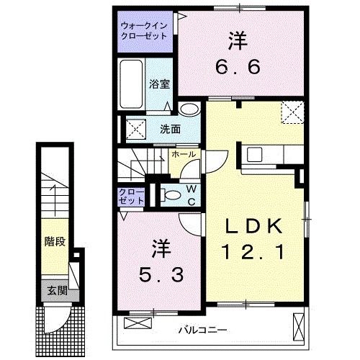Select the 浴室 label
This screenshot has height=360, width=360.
[x=159, y=84]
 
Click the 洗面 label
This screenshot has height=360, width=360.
[x=170, y=130]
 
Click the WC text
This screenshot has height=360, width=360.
[x=190, y=194]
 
